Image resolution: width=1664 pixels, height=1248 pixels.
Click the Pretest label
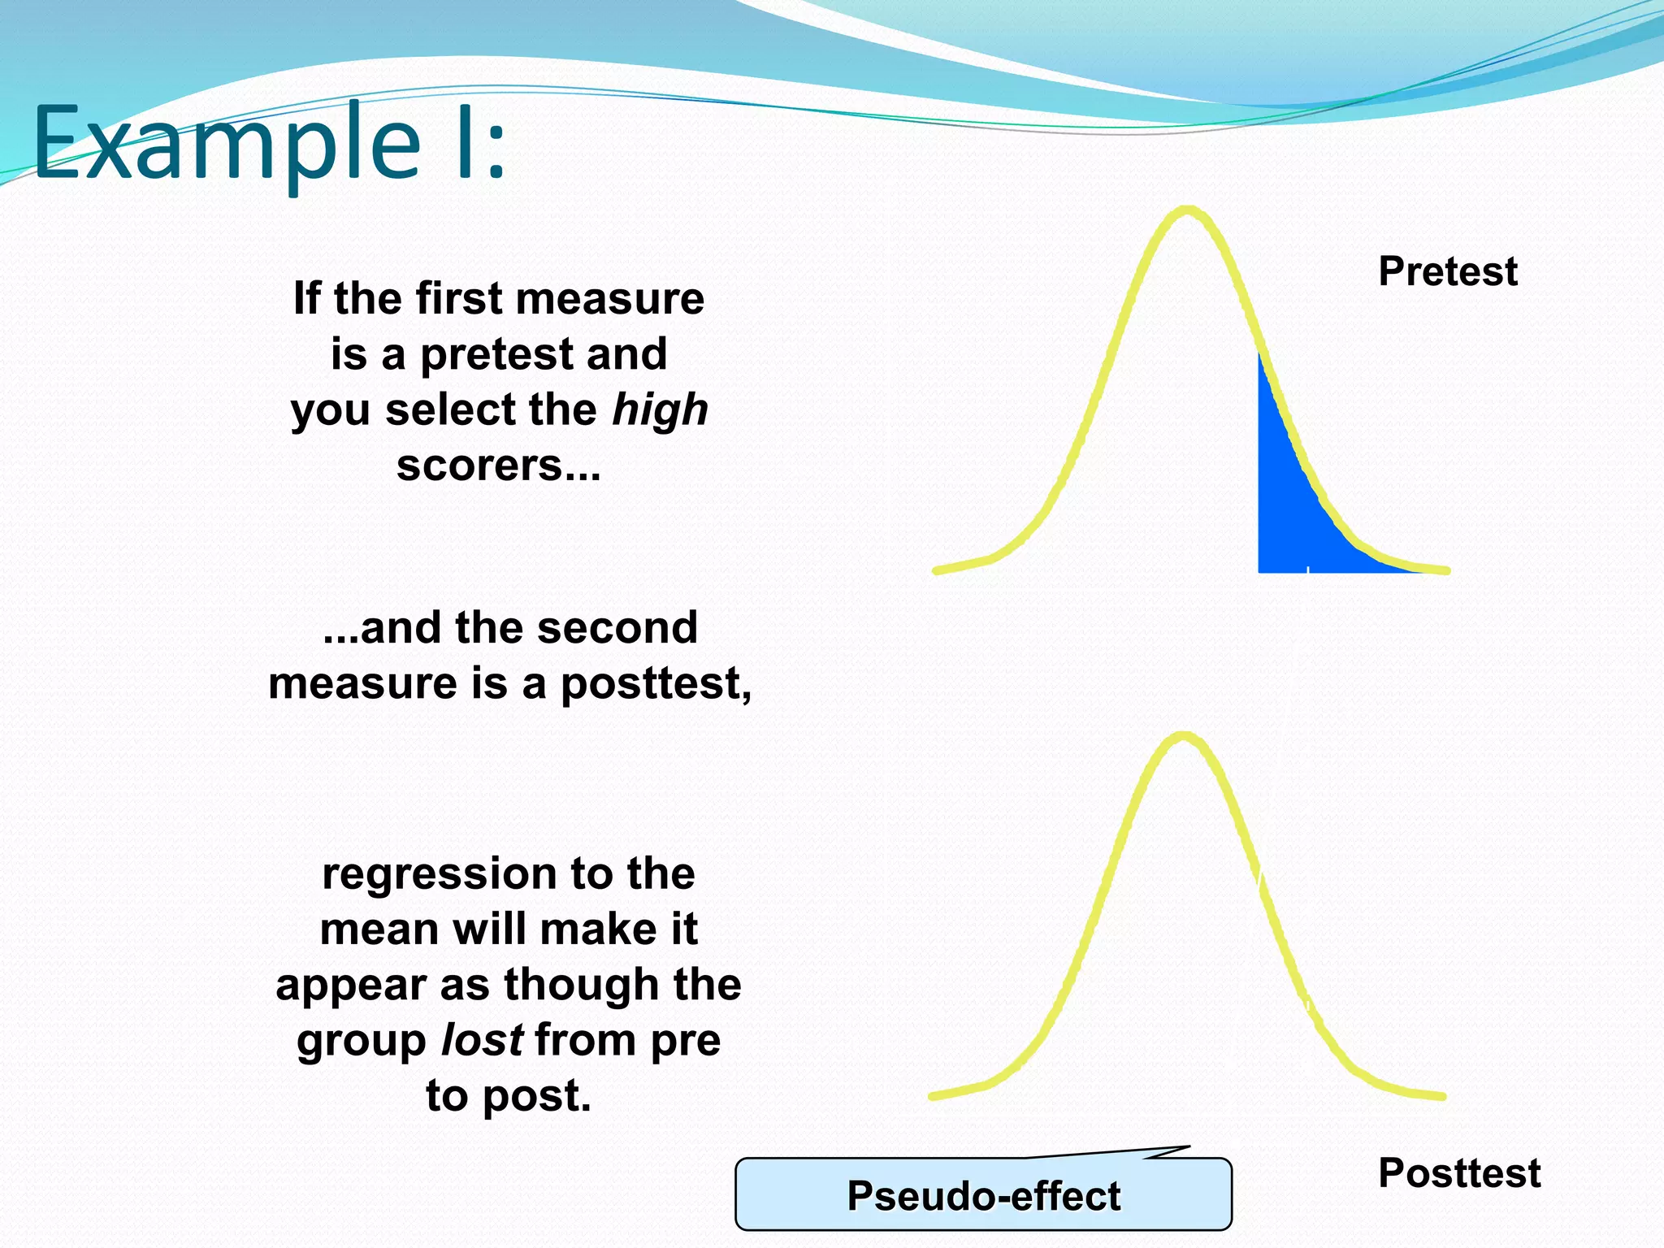(1447, 271)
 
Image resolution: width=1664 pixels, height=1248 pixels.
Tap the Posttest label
(1458, 1173)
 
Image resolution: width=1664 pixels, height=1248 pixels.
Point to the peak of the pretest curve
(1187, 210)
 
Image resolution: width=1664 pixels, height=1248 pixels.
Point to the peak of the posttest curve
(1184, 736)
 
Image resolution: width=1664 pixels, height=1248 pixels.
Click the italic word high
(660, 409)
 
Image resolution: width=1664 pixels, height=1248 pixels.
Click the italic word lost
(482, 1041)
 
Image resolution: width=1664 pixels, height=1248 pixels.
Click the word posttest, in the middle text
(655, 684)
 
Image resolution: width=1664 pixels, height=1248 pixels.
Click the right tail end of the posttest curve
(1442, 1096)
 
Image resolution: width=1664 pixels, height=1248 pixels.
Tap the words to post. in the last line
(509, 1096)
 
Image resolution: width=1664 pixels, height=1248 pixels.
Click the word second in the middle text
(617, 628)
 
